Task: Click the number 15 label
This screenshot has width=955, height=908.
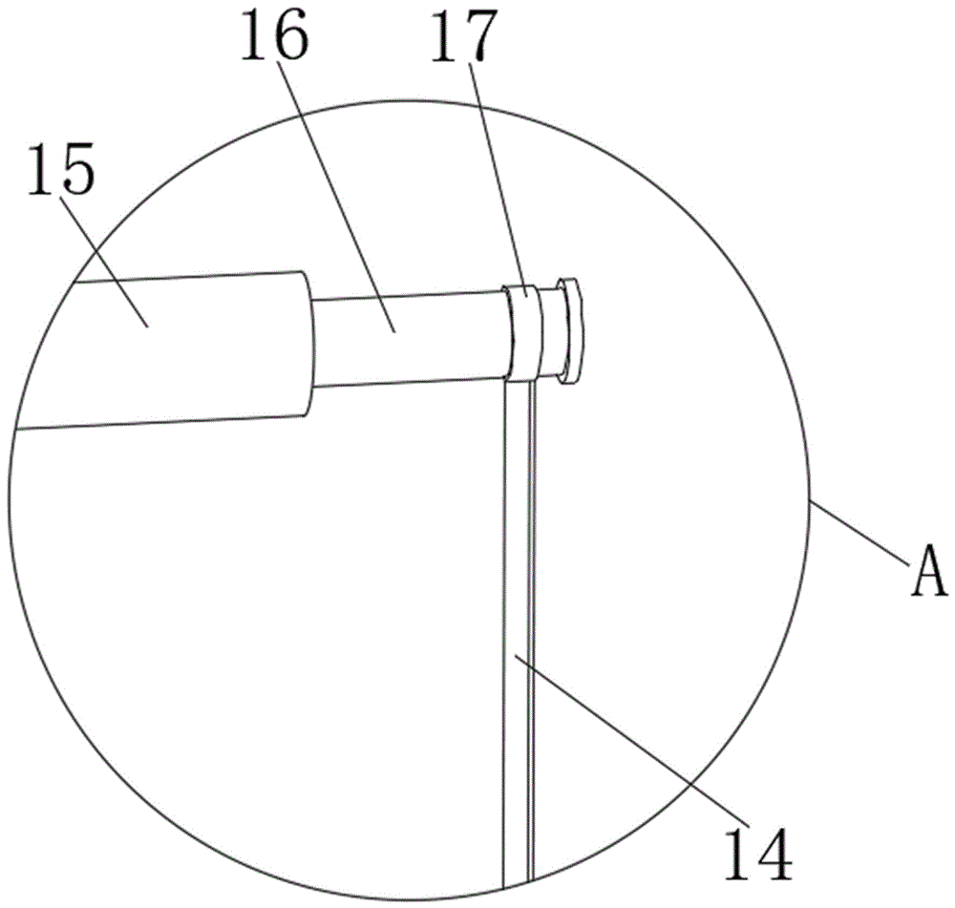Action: coord(61,169)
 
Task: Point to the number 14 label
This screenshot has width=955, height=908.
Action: coord(758,852)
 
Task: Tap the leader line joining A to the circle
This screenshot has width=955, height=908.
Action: coord(859,529)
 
